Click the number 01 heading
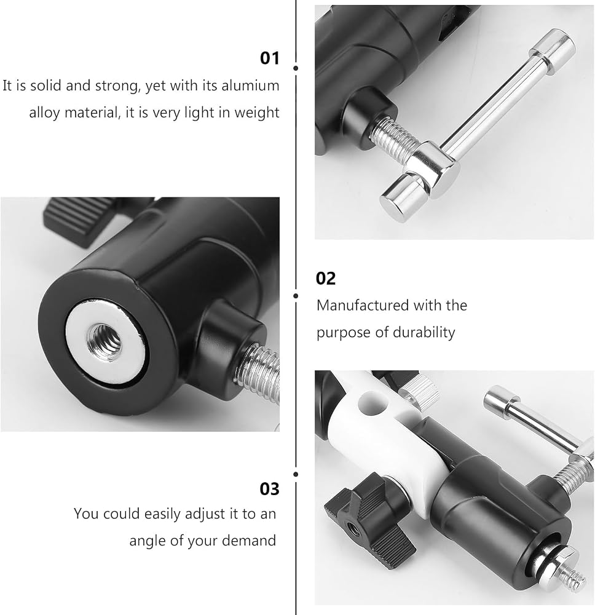270,58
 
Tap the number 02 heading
326,279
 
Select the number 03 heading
270,489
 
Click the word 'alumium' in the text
250,85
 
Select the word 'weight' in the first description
257,113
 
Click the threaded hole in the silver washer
104,338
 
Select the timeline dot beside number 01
296,68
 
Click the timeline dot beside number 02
296,296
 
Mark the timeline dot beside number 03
296,475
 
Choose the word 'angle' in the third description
147,541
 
